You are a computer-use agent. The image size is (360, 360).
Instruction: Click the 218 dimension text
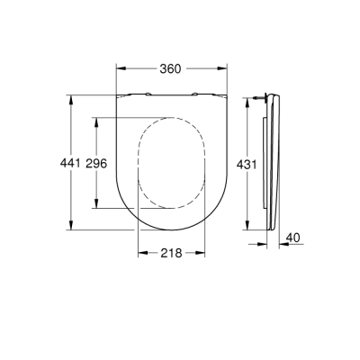(x=171, y=254)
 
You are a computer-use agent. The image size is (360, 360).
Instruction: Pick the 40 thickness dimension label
(x=292, y=238)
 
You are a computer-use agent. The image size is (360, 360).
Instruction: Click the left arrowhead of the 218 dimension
(x=140, y=254)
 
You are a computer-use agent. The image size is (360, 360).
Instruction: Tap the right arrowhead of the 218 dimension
(x=202, y=254)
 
